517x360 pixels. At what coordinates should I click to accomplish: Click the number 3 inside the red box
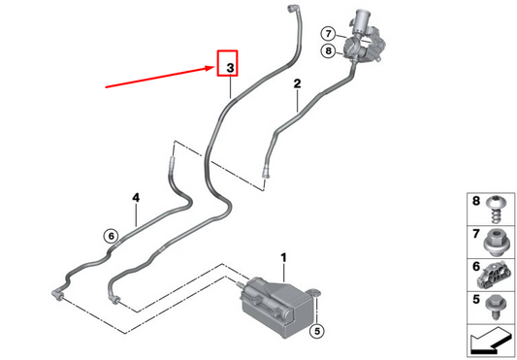(x=230, y=67)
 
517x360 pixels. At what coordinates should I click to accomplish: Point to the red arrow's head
(x=212, y=68)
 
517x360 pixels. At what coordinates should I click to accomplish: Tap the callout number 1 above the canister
(x=283, y=257)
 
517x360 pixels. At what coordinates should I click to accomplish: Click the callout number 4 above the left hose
(x=136, y=198)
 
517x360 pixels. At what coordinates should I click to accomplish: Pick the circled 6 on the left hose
(x=111, y=235)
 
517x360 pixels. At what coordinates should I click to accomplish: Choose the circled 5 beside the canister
(x=315, y=331)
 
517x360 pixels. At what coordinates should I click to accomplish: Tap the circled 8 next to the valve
(x=329, y=51)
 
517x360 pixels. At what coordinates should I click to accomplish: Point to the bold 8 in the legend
(x=474, y=203)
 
